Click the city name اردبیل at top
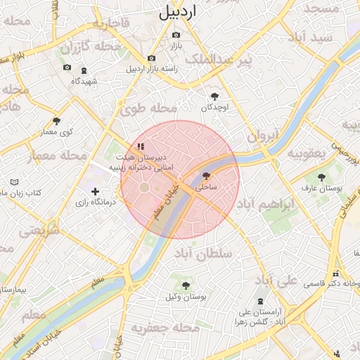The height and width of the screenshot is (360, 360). (x=178, y=11)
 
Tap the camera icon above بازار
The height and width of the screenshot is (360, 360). (x=176, y=34)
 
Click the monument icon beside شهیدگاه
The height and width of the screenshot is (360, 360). (x=84, y=71)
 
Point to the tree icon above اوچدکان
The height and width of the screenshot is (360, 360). (x=214, y=96)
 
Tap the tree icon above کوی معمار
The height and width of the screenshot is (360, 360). (x=56, y=121)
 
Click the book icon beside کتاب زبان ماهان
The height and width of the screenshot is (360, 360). (x=15, y=182)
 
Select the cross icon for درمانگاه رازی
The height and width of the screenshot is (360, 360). (x=95, y=191)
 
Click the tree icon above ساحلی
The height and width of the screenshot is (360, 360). (x=206, y=176)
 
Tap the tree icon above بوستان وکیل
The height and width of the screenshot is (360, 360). (x=186, y=285)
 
